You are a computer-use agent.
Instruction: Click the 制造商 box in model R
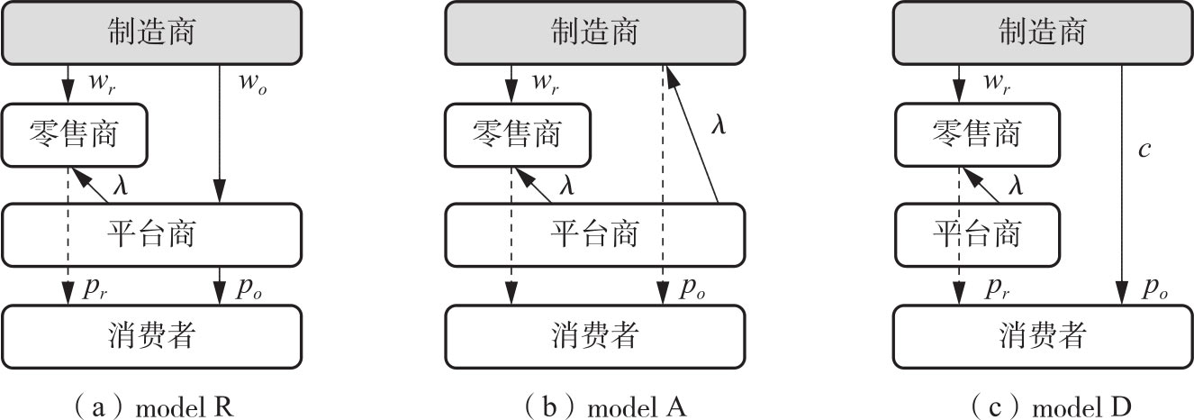coord(149,32)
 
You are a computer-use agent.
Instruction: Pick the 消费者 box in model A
coord(595,336)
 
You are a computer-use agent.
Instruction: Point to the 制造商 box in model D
coord(1043,32)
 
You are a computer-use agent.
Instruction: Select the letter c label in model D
coord(1144,149)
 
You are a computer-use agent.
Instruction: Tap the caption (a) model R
coord(149,406)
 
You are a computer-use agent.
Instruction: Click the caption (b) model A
coord(595,406)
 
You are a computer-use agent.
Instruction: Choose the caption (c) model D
coord(1043,406)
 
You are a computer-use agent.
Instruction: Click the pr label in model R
coord(97,288)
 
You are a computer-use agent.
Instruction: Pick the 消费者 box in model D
coord(1043,336)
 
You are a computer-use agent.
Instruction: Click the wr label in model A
coord(547,83)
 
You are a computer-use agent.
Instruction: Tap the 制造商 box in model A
coord(595,32)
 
